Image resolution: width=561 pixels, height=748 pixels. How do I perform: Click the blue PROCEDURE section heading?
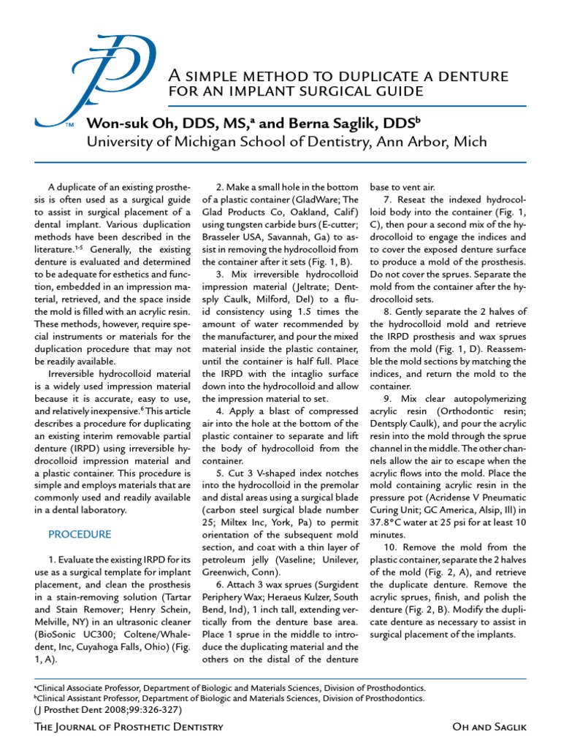80,534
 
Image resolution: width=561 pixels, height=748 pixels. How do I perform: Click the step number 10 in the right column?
391,547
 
